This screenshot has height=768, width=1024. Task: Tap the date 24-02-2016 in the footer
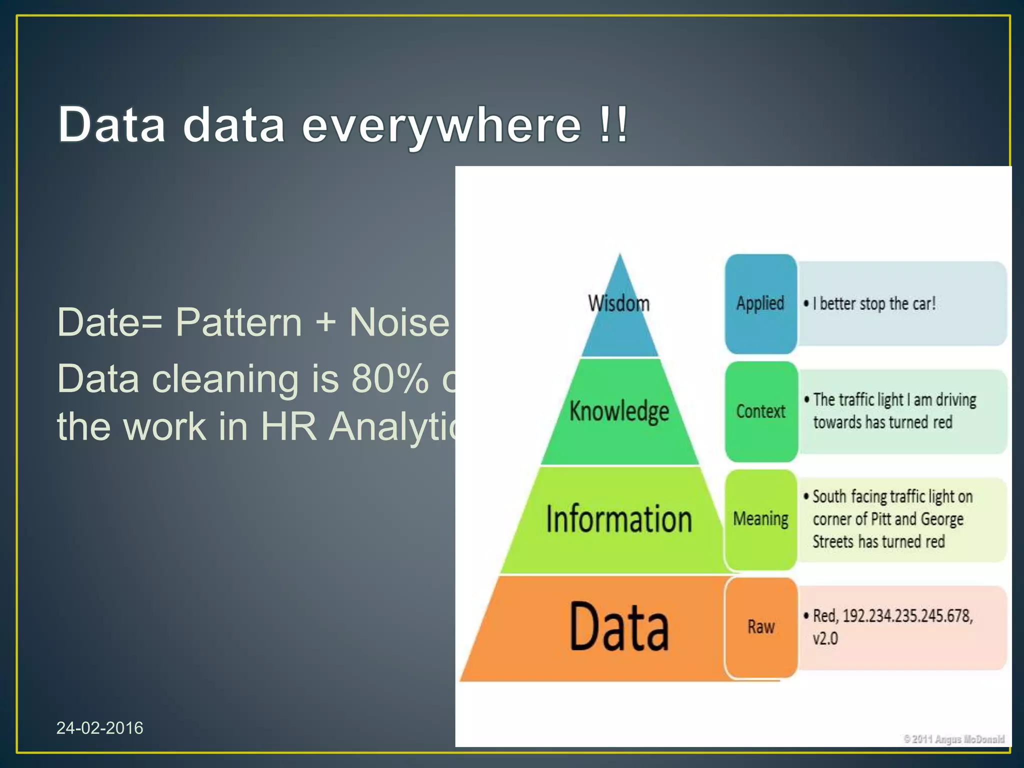tap(99, 728)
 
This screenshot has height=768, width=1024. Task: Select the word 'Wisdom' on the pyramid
tap(619, 303)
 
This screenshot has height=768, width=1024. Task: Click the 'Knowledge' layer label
tap(619, 411)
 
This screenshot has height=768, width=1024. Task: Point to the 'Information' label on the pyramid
tap(619, 519)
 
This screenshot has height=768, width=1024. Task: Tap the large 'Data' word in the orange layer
tap(619, 626)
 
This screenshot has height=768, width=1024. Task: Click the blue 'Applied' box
tap(760, 303)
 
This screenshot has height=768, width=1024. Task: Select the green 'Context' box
tap(760, 411)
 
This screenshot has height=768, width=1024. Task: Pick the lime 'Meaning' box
tap(760, 519)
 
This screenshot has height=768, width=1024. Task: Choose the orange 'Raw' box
tap(760, 626)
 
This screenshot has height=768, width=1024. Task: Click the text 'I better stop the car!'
tap(874, 303)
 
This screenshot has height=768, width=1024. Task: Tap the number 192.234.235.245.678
tap(907, 615)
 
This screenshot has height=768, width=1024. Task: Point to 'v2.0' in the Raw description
tap(825, 638)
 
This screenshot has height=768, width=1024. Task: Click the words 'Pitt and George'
tap(917, 519)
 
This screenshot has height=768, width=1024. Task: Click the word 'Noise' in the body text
tap(399, 322)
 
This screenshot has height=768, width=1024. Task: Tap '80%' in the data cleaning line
tap(390, 379)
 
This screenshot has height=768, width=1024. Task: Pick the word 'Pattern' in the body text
tap(239, 322)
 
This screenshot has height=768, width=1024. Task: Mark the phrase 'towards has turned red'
tap(882, 422)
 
